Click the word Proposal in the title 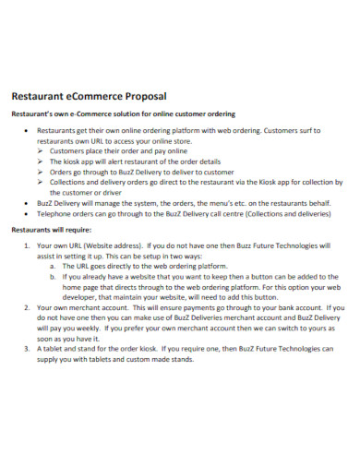pyautogui.click(x=141, y=95)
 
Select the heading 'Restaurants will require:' pyautogui.click(x=51, y=229)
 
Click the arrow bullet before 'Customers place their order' pyautogui.click(x=41, y=150)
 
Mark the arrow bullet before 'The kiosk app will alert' pyautogui.click(x=41, y=161)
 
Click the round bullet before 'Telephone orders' pyautogui.click(x=26, y=211)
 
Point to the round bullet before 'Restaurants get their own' pyautogui.click(x=26, y=132)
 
